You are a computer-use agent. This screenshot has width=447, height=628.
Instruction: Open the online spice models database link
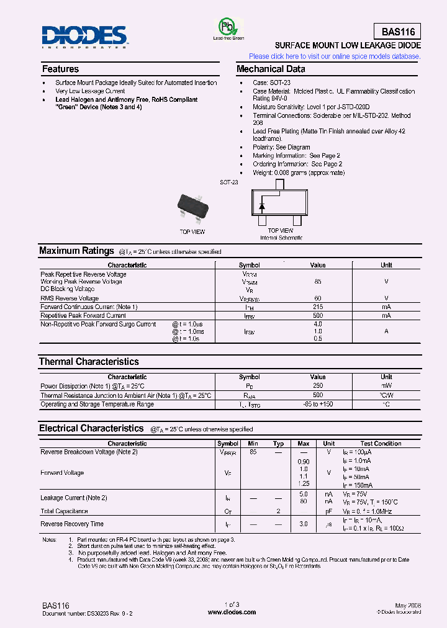[335, 56]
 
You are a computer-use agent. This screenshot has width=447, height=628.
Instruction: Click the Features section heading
[60, 69]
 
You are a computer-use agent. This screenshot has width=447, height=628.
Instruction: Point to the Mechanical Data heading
[271, 69]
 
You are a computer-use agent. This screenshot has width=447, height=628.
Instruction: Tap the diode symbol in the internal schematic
[262, 205]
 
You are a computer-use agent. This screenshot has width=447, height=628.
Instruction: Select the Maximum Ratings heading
[76, 251]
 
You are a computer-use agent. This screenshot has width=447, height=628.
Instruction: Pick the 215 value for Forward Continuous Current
[318, 307]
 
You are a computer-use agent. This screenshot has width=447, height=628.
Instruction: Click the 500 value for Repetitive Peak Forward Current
[318, 315]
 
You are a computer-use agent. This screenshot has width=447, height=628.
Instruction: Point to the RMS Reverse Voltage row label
[70, 298]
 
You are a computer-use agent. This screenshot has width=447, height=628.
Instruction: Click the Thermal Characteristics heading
[89, 361]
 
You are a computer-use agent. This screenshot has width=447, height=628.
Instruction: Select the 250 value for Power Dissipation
[318, 385]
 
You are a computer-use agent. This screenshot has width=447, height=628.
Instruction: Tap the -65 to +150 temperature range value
[318, 405]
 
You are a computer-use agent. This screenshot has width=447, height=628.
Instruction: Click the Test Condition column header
[381, 444]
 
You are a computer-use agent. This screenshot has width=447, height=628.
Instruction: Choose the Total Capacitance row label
[64, 511]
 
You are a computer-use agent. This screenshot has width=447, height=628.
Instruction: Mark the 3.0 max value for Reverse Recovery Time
[304, 524]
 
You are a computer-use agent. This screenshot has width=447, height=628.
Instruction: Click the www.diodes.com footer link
[232, 612]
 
